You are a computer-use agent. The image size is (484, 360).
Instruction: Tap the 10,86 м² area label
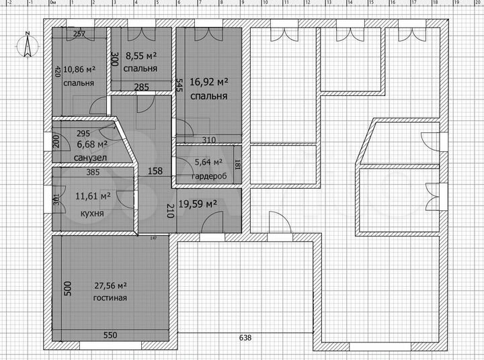pos(79,69)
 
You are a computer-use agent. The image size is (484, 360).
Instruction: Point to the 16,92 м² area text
pos(209,83)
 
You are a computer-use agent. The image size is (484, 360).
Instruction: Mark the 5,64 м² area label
pos(209,162)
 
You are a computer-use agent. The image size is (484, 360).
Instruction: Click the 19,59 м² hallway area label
pos(201,204)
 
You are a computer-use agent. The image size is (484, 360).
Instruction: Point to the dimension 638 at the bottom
pos(245,338)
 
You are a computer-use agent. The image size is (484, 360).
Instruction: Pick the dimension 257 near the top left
pos(79,34)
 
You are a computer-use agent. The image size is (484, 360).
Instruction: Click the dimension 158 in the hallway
pos(155,171)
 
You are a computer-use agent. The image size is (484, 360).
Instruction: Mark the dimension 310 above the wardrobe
pos(208,140)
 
